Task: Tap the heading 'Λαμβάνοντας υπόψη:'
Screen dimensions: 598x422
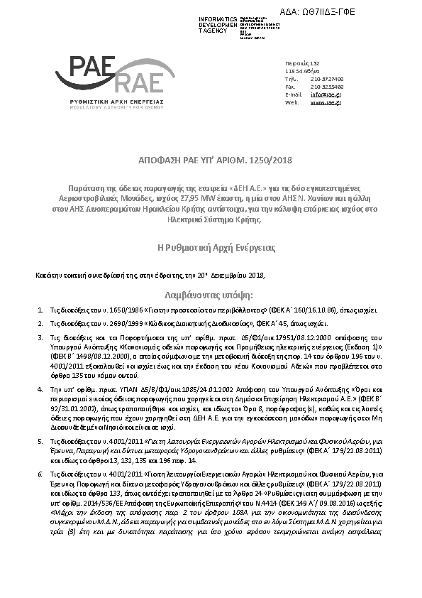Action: (210, 293)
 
